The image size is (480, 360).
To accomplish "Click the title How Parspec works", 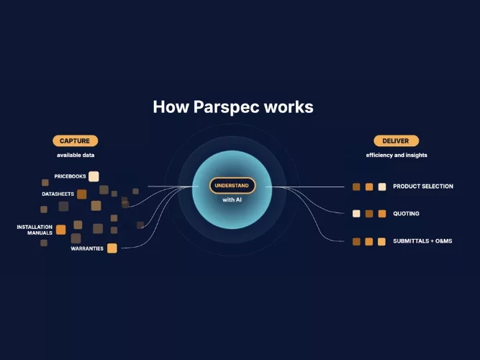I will (x=233, y=107).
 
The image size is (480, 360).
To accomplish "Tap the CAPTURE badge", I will (x=76, y=141).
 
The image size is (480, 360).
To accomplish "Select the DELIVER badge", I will (x=396, y=141).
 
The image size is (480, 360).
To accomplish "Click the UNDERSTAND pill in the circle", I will (x=232, y=186).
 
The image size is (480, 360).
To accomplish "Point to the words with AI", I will (x=232, y=199).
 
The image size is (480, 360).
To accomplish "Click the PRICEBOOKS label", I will (x=70, y=176).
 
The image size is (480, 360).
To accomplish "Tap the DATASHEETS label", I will (x=58, y=194).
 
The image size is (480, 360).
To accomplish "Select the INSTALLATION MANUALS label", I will (x=35, y=230).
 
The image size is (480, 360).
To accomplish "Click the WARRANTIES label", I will (x=87, y=248).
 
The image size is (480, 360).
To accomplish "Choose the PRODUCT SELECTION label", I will (x=423, y=186).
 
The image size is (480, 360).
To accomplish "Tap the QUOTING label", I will (x=406, y=214).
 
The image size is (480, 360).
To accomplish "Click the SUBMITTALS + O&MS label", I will (x=422, y=241).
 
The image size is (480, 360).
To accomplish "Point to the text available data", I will (x=76, y=155).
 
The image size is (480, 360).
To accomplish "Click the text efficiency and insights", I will (x=397, y=155).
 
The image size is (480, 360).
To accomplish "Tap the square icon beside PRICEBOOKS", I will (x=94, y=176).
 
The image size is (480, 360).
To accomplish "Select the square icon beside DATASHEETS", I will (x=81, y=194).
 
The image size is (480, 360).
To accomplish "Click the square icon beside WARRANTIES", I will (x=112, y=248).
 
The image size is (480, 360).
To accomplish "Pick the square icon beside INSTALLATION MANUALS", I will (x=61, y=230).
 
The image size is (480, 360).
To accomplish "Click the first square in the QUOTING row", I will (x=356, y=214).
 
